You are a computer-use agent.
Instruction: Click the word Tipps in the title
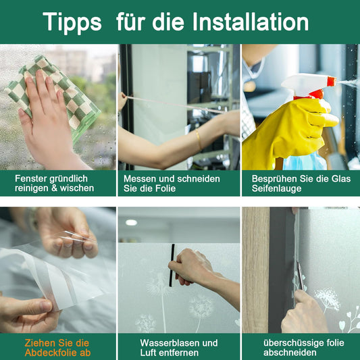[72, 22]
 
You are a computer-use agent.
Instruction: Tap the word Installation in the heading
[250, 22]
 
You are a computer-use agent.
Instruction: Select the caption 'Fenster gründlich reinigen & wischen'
[55, 183]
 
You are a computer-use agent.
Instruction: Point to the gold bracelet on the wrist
[199, 140]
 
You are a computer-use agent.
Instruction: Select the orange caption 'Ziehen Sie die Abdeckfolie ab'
[58, 348]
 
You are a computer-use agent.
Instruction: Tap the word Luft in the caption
[149, 353]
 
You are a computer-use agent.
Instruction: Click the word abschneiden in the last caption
[291, 353]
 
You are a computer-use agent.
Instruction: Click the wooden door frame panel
[256, 270]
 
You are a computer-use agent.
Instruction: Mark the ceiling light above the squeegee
[131, 222]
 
